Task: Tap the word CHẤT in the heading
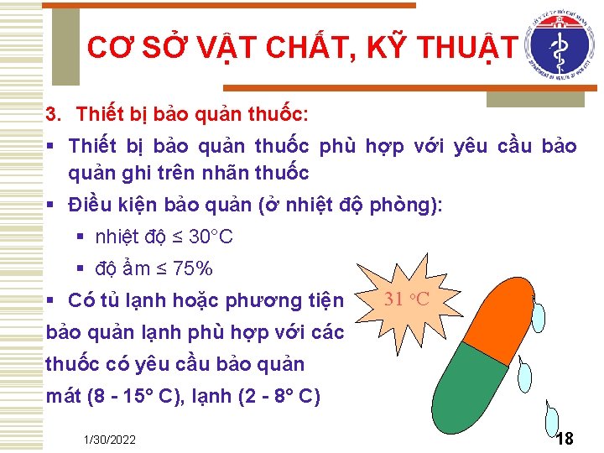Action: click(x=311, y=49)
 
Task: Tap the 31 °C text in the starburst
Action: click(x=407, y=299)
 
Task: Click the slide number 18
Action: click(x=565, y=439)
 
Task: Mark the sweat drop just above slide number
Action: click(x=553, y=418)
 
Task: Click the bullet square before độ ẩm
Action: click(x=81, y=269)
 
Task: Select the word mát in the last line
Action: click(x=64, y=396)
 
